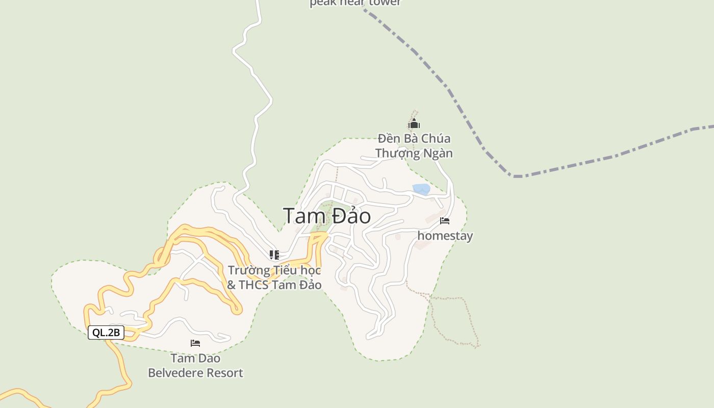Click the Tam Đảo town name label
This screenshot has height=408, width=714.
tap(327, 216)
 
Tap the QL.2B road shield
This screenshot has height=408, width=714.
tap(106, 333)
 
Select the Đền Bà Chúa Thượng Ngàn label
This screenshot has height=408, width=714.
tap(414, 146)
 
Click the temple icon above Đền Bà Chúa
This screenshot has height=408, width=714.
tap(414, 124)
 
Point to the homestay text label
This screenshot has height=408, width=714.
tap(445, 236)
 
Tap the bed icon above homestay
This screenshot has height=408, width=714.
tap(445, 221)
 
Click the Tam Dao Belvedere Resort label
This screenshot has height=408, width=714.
tap(195, 366)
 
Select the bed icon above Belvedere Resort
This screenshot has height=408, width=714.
tap(195, 343)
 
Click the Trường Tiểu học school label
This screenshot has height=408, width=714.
tap(274, 277)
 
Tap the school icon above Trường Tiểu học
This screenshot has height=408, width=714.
tap(274, 254)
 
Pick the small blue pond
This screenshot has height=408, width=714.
tap(421, 189)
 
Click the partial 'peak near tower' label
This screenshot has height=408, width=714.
tap(355, 3)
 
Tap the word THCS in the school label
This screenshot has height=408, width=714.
tap(254, 285)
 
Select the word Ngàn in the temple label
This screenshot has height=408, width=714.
tap(439, 153)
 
